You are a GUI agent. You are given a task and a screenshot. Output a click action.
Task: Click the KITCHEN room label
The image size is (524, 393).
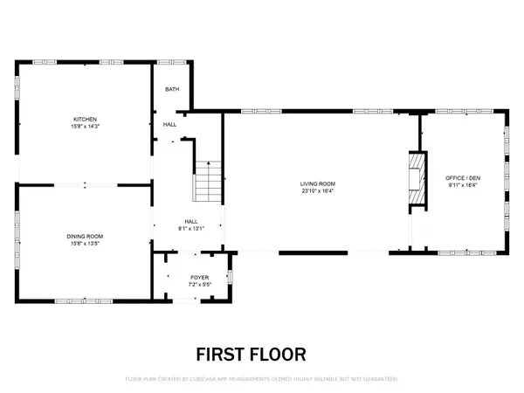(x=85, y=119)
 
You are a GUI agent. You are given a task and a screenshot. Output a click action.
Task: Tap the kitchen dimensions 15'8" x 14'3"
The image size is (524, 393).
(x=85, y=126)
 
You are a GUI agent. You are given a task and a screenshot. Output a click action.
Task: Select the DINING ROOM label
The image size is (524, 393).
(x=85, y=237)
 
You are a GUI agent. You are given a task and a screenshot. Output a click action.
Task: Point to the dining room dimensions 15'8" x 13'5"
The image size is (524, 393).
(x=85, y=244)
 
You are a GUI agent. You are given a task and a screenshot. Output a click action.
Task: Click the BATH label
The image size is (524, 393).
(x=172, y=89)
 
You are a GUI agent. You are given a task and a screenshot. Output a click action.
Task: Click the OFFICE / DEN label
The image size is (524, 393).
(x=463, y=177)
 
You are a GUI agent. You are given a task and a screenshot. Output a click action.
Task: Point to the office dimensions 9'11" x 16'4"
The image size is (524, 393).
(x=463, y=184)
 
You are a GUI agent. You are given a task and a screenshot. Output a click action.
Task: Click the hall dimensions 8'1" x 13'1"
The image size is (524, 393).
(x=190, y=229)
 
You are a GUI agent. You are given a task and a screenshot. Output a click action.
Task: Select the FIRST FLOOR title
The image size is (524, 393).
(x=250, y=354)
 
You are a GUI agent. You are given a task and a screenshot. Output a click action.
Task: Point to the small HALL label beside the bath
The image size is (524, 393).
(x=169, y=125)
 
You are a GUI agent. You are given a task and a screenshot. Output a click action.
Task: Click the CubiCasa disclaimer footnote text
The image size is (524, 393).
(x=261, y=379)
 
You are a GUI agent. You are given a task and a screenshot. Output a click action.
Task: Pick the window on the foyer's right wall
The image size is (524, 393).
(x=231, y=279)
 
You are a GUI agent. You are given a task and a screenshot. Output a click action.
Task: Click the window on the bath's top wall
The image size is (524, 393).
(x=171, y=62)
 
